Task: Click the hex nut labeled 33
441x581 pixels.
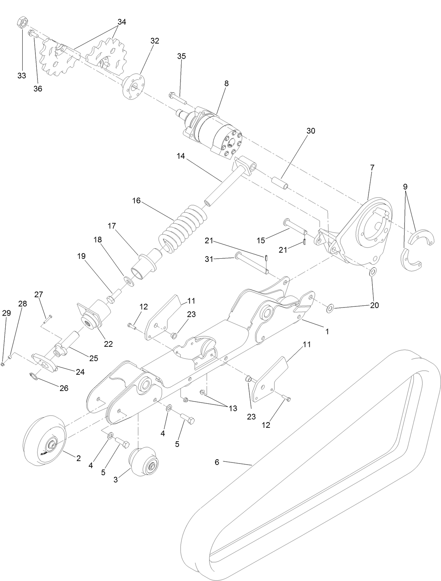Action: (x=22, y=23)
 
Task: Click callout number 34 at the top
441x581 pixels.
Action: (x=121, y=22)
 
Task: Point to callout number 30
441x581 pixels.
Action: (x=310, y=131)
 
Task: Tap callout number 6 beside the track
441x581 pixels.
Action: (x=217, y=462)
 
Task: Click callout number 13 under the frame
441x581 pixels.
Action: (x=233, y=409)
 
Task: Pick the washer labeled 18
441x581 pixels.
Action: (x=128, y=281)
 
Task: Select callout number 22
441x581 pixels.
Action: (x=108, y=344)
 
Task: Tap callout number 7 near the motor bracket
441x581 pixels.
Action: (x=372, y=168)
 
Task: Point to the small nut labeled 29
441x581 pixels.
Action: (x=3, y=364)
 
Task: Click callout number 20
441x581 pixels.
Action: (x=374, y=305)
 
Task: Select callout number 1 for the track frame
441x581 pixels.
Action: (x=327, y=332)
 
